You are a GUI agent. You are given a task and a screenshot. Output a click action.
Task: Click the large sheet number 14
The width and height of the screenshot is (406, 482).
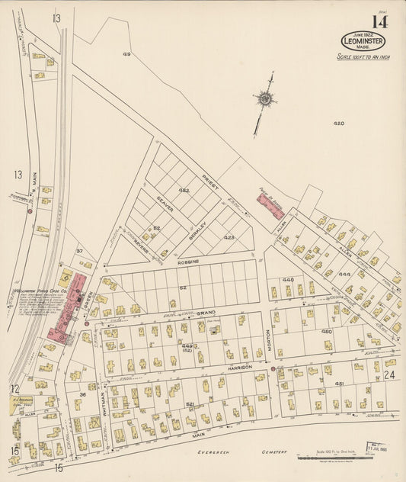379,21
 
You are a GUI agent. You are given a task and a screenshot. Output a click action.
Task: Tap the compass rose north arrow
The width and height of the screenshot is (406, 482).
265,98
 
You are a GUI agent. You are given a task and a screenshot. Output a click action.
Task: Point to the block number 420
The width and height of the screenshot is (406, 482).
338,123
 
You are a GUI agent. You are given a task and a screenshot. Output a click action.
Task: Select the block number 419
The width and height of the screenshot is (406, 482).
126,54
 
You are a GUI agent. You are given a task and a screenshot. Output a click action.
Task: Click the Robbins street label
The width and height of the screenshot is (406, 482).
189,261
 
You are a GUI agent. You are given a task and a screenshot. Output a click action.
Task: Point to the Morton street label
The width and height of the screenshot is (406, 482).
268,335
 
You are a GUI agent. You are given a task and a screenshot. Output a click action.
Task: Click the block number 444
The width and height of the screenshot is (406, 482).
344,273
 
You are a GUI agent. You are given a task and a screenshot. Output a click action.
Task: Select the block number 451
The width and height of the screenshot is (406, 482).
340,384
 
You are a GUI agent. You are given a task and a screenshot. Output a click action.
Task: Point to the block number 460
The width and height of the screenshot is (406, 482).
327,332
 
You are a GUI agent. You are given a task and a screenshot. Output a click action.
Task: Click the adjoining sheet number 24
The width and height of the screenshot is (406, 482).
389,374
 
